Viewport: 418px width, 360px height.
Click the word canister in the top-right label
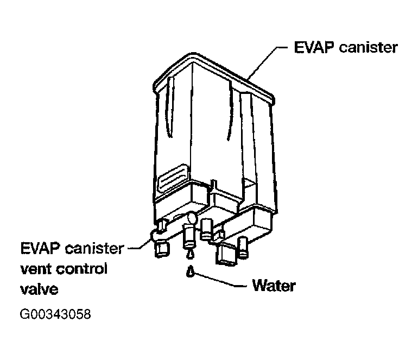pos(368,48)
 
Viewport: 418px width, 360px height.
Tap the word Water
pos(274,286)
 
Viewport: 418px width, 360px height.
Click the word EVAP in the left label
pos(41,249)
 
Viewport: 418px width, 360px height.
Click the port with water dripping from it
pos(189,237)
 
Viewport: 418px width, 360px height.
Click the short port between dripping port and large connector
pos(206,229)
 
